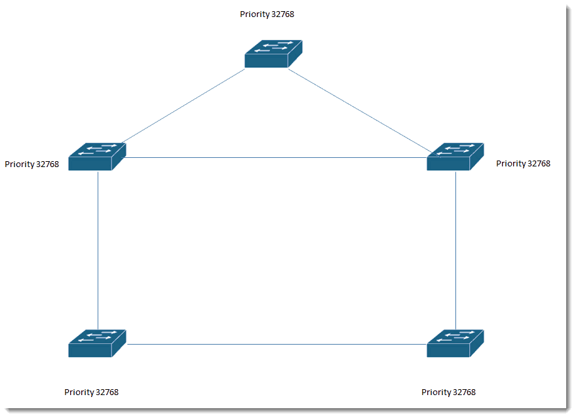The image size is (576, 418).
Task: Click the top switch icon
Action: click(273, 54)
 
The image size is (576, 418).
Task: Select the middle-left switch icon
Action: click(97, 157)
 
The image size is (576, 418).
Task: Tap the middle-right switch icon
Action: click(455, 157)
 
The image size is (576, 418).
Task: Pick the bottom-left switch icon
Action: click(97, 343)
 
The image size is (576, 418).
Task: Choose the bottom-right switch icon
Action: click(455, 343)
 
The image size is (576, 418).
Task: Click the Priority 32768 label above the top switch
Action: click(267, 14)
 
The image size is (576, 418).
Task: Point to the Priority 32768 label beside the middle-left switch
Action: click(31, 164)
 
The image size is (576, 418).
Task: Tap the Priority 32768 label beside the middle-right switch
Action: click(523, 163)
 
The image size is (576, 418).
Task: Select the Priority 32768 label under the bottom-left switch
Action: click(92, 392)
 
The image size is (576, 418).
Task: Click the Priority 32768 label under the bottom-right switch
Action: click(448, 392)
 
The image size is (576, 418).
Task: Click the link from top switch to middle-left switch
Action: click(183, 105)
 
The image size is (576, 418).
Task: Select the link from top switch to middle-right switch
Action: click(364, 113)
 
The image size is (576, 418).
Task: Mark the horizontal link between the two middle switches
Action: click(277, 158)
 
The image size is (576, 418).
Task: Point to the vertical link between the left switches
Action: click(98, 250)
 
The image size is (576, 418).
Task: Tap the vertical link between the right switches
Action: click(456, 250)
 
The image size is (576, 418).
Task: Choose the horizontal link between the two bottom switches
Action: click(277, 344)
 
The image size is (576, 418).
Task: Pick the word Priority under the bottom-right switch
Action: click(436, 392)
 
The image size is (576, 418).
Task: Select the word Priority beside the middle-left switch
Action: click(19, 164)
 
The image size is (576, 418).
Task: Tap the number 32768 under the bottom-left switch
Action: click(107, 392)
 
